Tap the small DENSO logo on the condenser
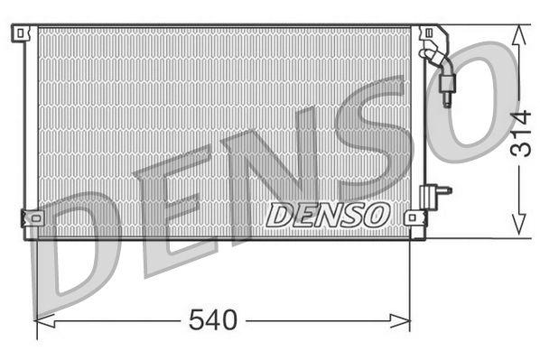(328, 215)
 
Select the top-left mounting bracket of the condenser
(20, 33)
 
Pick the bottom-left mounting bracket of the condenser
(31, 217)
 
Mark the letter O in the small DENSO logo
(377, 215)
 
